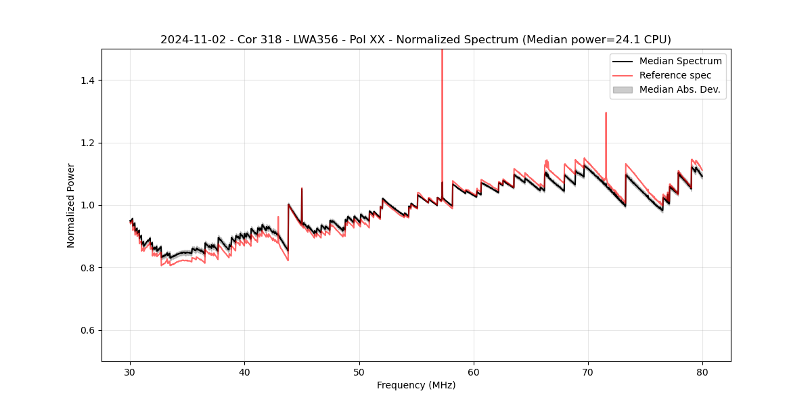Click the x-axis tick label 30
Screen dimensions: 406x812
click(131, 371)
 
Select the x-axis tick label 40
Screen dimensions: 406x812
click(245, 371)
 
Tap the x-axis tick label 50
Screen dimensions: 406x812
click(359, 371)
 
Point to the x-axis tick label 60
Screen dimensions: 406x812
click(474, 371)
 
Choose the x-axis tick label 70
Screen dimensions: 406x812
click(588, 371)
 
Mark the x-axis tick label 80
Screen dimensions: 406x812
click(702, 371)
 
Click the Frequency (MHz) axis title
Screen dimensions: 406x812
click(416, 385)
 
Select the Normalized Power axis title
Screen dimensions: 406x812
click(71, 205)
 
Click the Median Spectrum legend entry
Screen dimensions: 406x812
click(680, 61)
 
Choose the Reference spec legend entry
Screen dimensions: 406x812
click(675, 75)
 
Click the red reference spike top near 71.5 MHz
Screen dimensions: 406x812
click(606, 113)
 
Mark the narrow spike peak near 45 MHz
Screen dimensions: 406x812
click(302, 188)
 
